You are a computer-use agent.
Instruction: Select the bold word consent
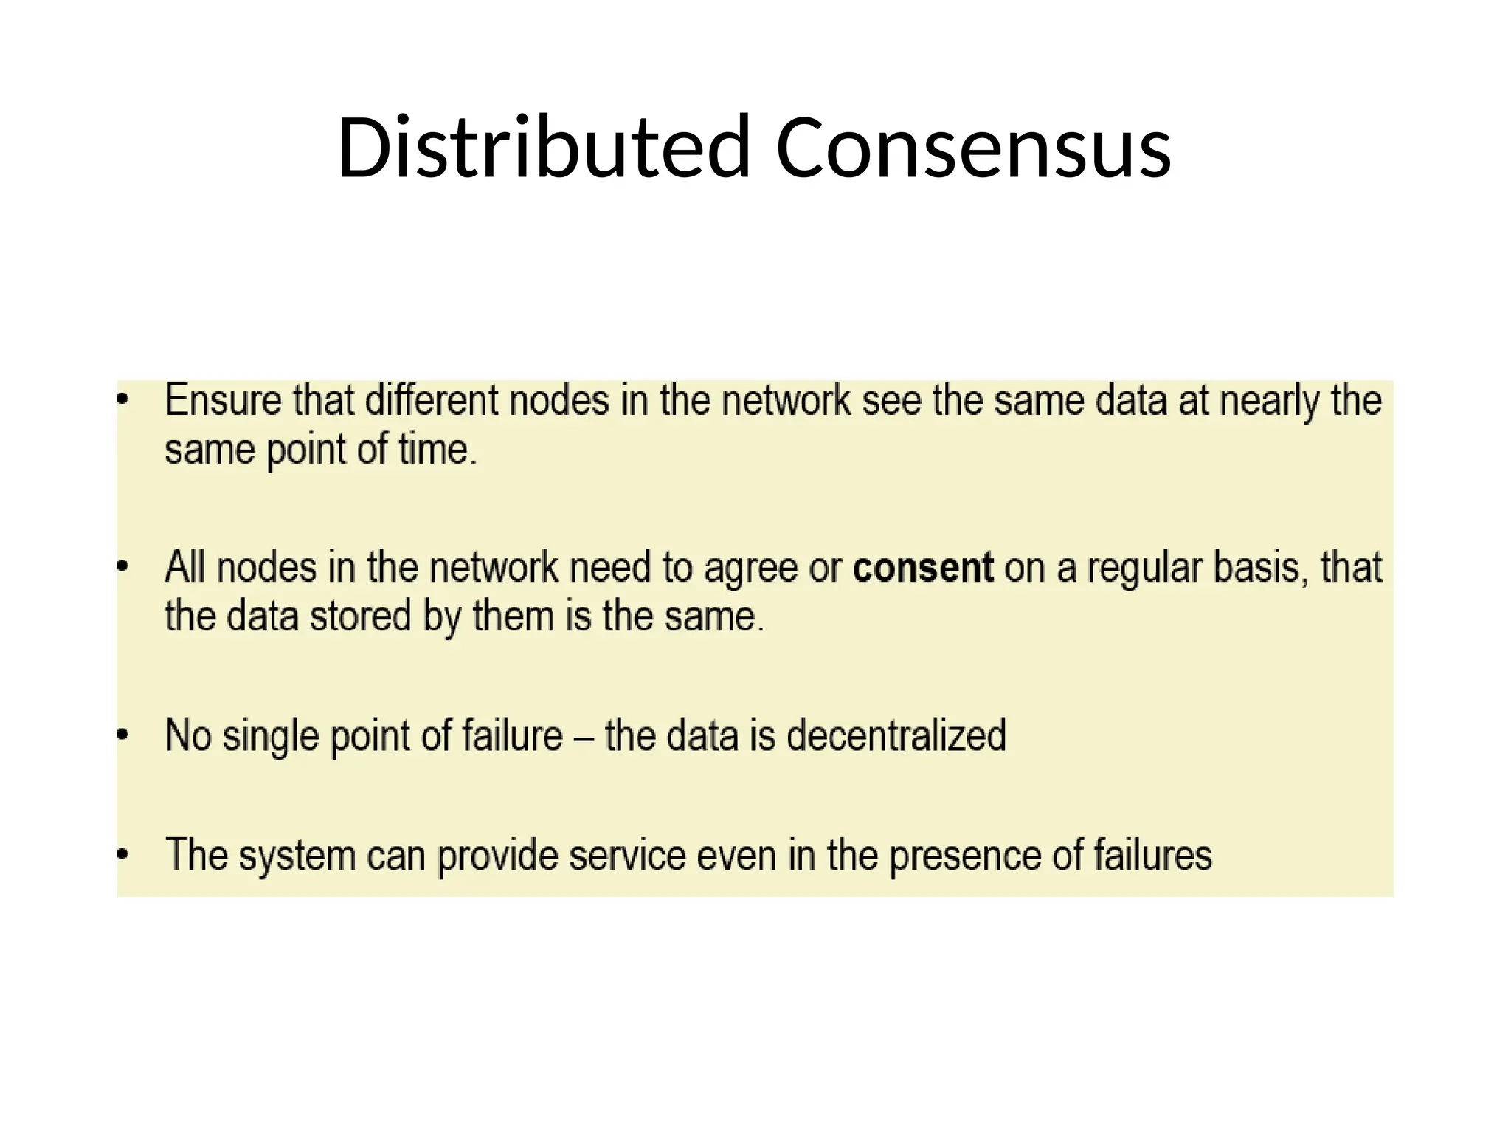(x=923, y=568)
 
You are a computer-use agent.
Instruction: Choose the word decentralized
(x=896, y=735)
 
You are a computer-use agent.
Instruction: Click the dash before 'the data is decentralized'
(x=584, y=737)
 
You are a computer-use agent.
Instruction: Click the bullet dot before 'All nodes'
(x=123, y=567)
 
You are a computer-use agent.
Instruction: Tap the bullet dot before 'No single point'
(x=123, y=735)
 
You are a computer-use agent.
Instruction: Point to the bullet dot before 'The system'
(x=123, y=855)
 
